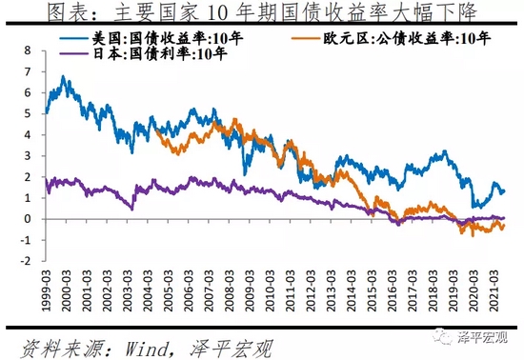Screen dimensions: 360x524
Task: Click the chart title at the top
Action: click(x=262, y=12)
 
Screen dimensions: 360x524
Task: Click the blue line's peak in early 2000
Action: click(x=64, y=77)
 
